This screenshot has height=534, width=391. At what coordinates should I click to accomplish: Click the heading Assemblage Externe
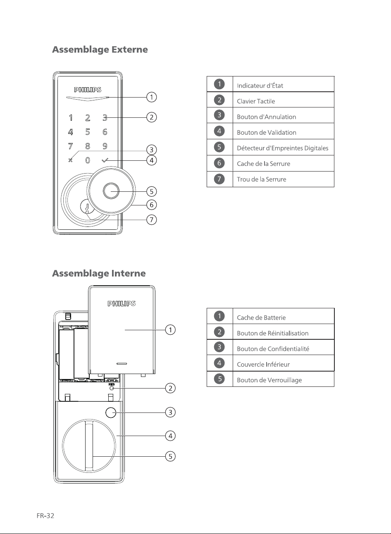(x=100, y=50)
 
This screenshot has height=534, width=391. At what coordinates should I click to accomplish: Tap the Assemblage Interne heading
(x=99, y=273)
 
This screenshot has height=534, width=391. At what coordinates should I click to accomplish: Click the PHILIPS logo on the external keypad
(x=88, y=90)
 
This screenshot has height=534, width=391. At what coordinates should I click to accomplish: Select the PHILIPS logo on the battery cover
(x=122, y=303)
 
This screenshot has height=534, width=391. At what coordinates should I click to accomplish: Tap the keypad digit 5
(x=88, y=132)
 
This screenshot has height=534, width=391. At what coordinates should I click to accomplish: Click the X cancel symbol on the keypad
(x=70, y=160)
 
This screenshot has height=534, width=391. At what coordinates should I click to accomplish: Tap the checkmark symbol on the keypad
(x=105, y=160)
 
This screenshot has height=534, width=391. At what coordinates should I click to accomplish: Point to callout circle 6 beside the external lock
(x=151, y=205)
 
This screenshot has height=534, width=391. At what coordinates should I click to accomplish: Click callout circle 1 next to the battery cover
(x=170, y=330)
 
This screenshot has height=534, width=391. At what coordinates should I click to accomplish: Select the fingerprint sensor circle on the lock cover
(x=111, y=191)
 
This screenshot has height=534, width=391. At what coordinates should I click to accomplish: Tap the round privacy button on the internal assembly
(x=111, y=412)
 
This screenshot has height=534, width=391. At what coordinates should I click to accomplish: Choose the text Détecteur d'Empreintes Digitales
(x=283, y=148)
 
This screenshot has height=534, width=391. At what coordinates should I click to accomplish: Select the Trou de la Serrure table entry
(x=262, y=179)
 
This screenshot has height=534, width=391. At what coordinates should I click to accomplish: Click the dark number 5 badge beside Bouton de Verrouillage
(x=219, y=379)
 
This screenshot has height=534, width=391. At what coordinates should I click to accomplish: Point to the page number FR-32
(x=45, y=516)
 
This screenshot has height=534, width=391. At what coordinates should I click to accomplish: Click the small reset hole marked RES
(x=111, y=389)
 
